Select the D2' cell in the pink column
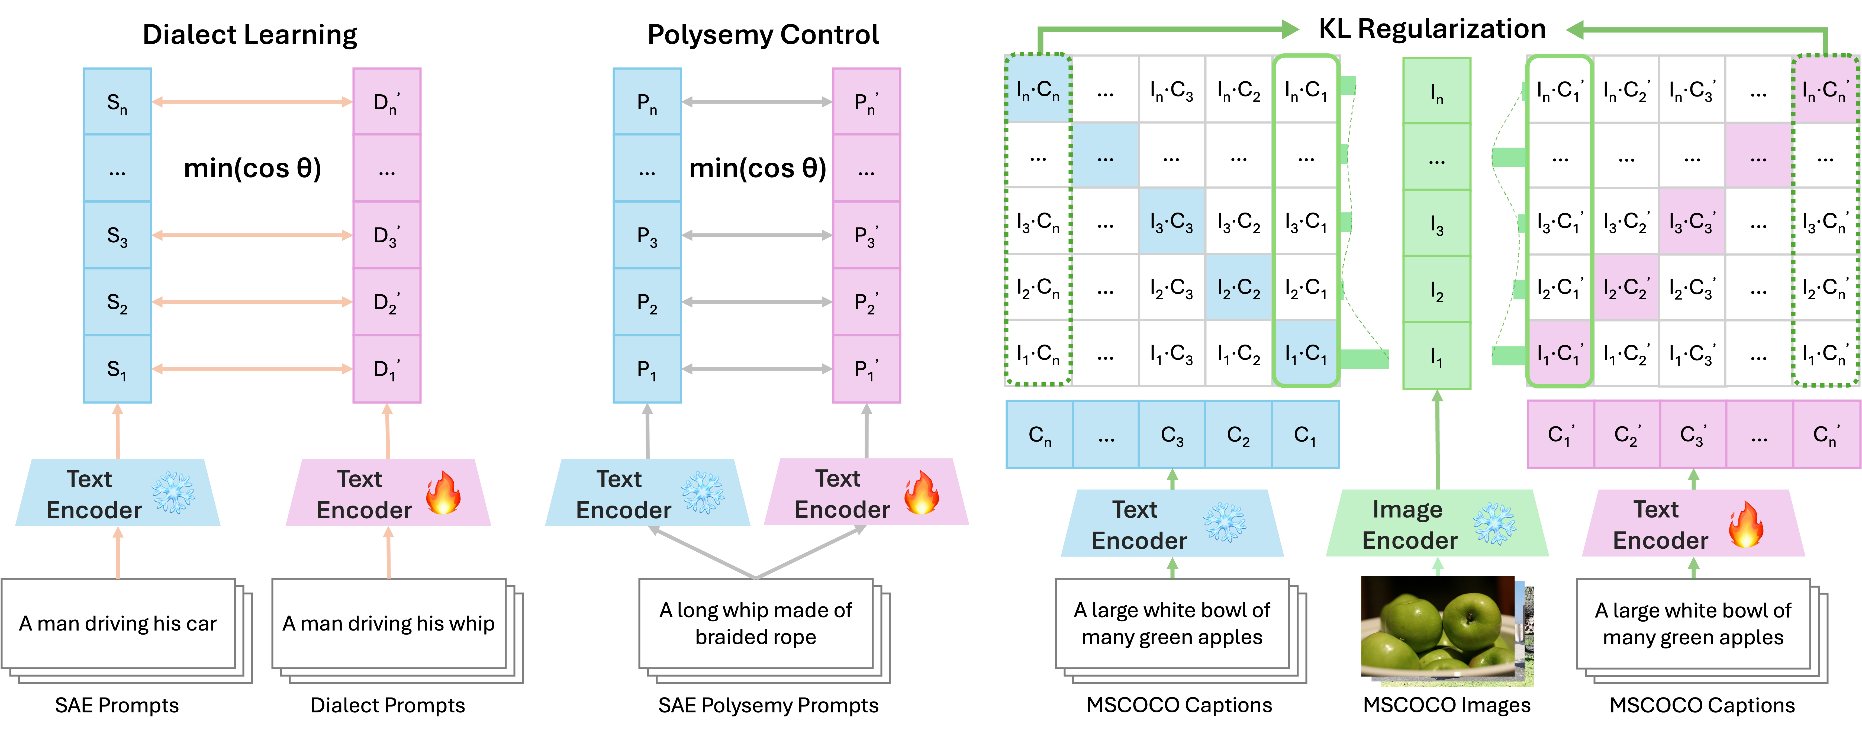(387, 302)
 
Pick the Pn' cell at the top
(866, 102)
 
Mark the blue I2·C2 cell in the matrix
(1238, 288)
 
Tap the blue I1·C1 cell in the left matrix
(1305, 353)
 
